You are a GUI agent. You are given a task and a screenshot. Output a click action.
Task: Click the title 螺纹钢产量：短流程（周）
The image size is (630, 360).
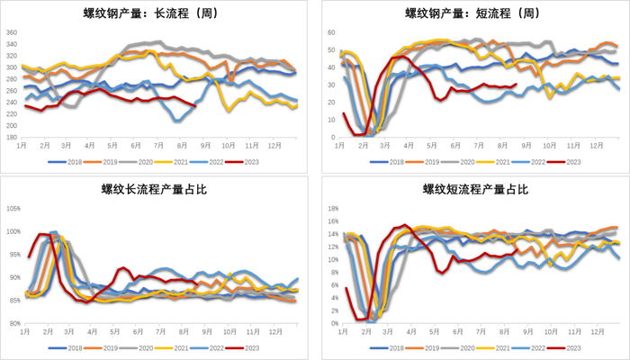[472, 13]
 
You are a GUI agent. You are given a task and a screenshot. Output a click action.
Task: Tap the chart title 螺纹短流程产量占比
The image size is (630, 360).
[472, 189]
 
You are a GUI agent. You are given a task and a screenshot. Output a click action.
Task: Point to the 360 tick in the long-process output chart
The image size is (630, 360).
[12, 32]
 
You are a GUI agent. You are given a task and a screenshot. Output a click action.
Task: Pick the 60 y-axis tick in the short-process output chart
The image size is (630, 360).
[330, 32]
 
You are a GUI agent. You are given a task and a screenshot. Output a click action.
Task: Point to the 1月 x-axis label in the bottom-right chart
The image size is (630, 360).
[339, 332]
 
